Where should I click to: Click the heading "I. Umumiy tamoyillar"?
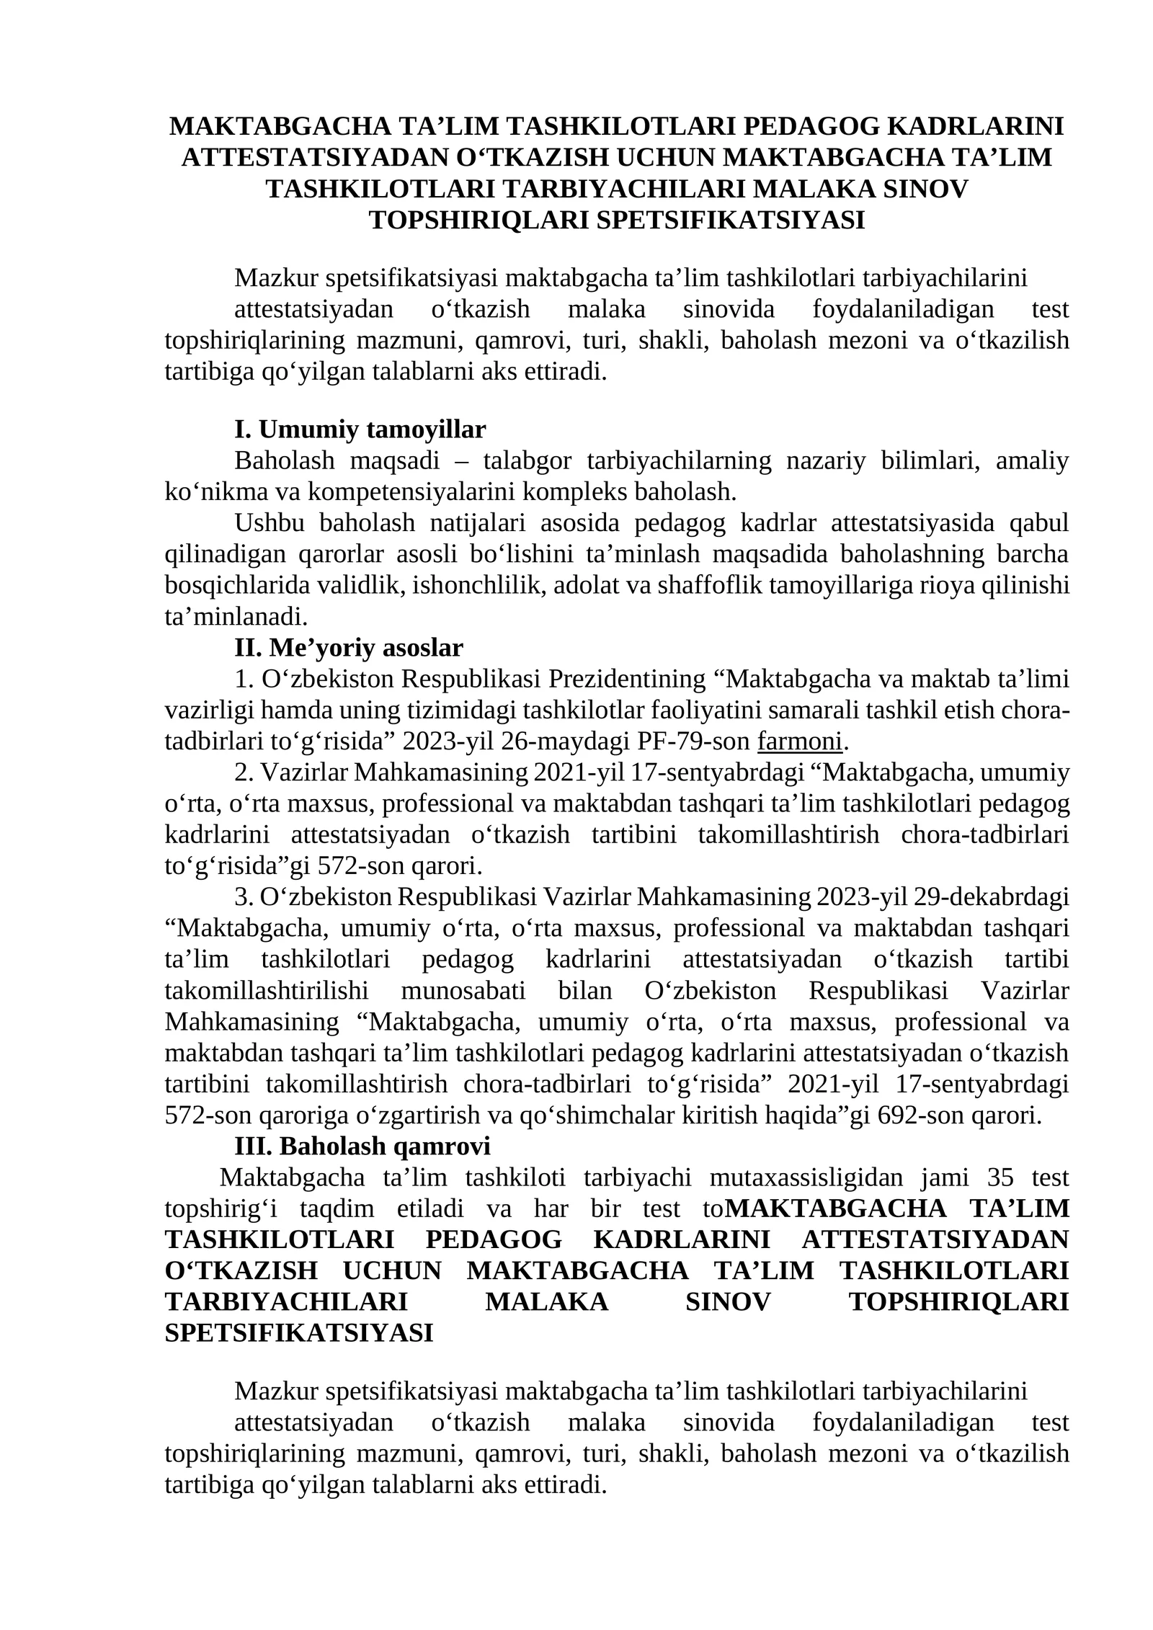[360, 429]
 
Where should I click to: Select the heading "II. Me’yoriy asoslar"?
[348, 648]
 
